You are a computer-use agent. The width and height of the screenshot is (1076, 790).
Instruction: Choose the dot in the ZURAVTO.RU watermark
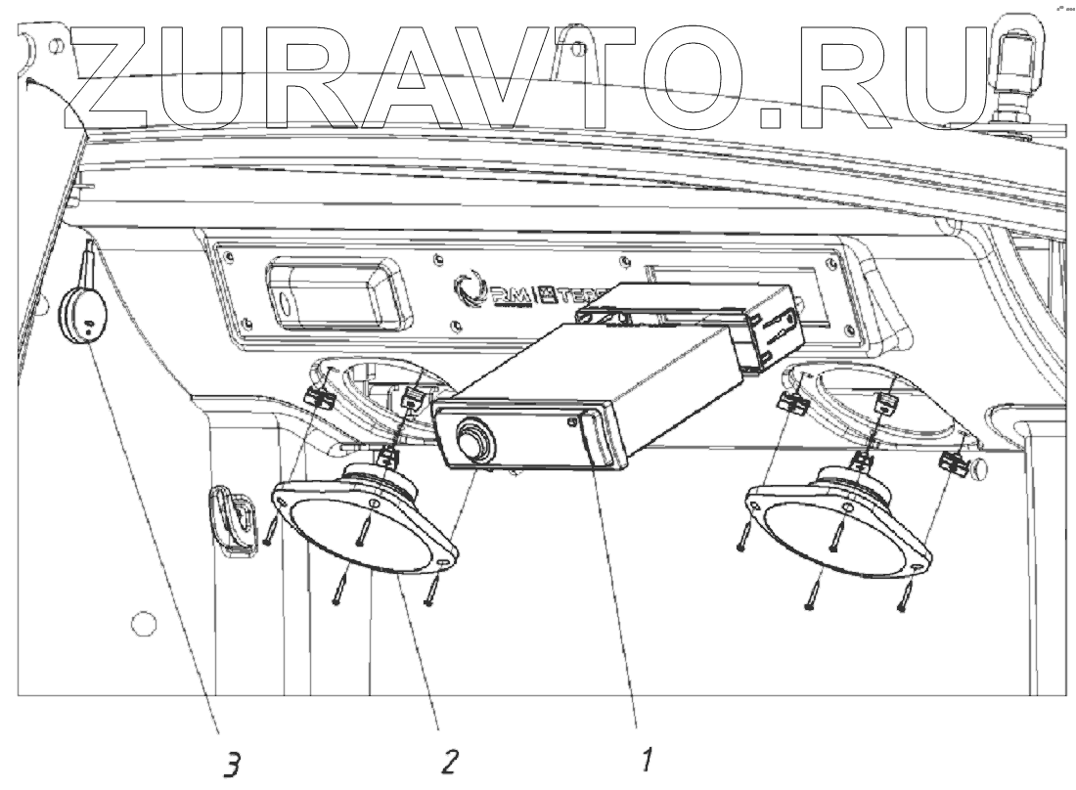tap(772, 115)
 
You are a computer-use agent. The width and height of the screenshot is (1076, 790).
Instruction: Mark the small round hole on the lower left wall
tap(142, 621)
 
